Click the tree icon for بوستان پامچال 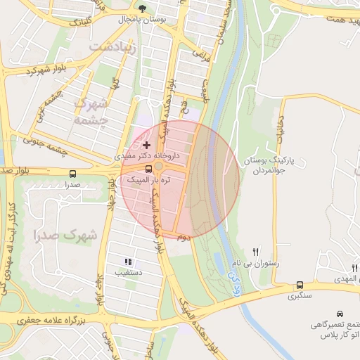tap(143, 9)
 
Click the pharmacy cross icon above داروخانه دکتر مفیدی tap(146, 144)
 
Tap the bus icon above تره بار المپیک tap(148, 169)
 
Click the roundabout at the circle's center tap(160, 166)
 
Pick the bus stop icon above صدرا tap(73, 174)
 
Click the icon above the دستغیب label tap(128, 261)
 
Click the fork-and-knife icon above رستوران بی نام tap(256, 251)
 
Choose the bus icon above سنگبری tap(300, 285)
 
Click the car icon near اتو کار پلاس tap(340, 313)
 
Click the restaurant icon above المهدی tap(354, 268)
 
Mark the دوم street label tap(182, 238)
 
